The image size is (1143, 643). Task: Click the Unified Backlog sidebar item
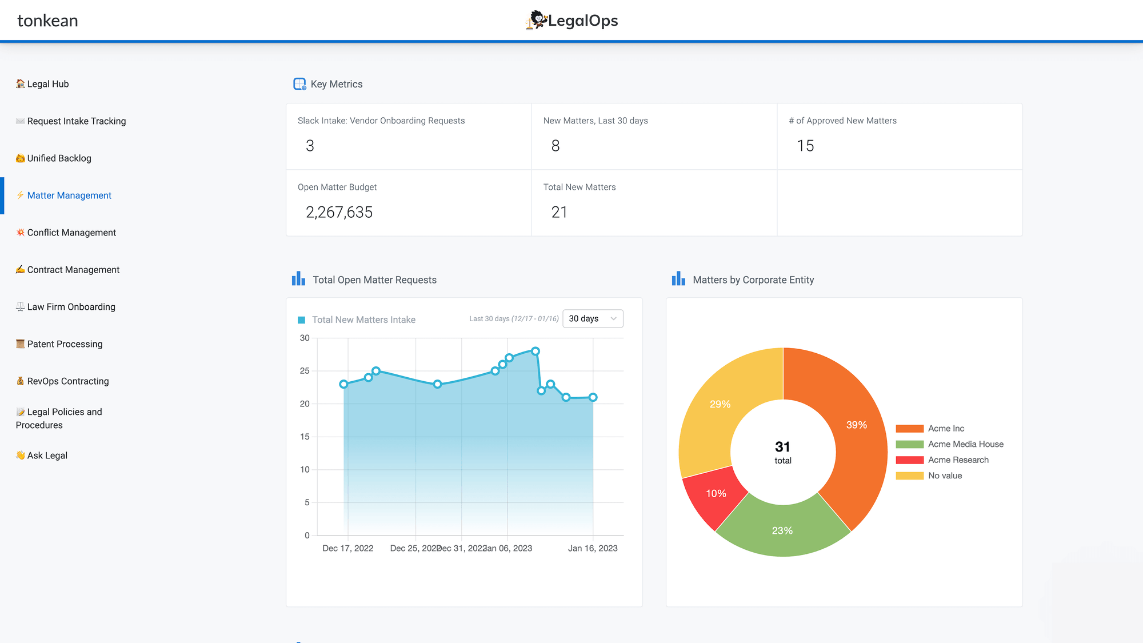pyautogui.click(x=59, y=158)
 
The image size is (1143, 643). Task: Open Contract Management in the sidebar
pyautogui.click(x=73, y=270)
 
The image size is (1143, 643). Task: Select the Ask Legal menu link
pyautogui.click(x=47, y=456)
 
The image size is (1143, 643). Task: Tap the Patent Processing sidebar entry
pyautogui.click(x=65, y=344)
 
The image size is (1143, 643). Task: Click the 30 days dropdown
pyautogui.click(x=593, y=318)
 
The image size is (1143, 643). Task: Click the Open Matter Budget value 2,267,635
pyautogui.click(x=339, y=213)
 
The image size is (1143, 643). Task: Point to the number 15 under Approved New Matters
pyautogui.click(x=805, y=146)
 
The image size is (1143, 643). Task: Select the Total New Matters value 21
pyautogui.click(x=559, y=213)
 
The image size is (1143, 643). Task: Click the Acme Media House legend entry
pyautogui.click(x=965, y=444)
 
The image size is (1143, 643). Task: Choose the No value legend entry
pyautogui.click(x=945, y=476)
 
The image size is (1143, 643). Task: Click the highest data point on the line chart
pyautogui.click(x=535, y=352)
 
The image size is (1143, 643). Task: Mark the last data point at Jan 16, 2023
pyautogui.click(x=593, y=397)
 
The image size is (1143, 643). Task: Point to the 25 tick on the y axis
pyautogui.click(x=305, y=371)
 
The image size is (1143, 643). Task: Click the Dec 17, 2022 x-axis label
pyautogui.click(x=347, y=548)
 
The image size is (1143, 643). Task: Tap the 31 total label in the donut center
pyautogui.click(x=782, y=452)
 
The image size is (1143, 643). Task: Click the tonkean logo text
pyautogui.click(x=47, y=21)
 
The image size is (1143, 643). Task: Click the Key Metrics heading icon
pyautogui.click(x=299, y=84)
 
